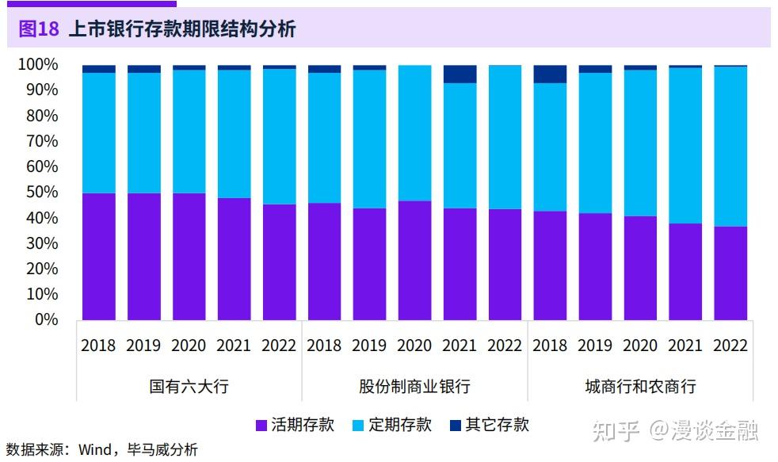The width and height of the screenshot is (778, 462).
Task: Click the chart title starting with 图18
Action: point(157,29)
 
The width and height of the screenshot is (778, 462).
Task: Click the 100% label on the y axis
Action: point(38,64)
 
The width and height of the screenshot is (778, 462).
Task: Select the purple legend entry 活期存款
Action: point(295,425)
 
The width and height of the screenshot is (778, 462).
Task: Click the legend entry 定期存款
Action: point(391,425)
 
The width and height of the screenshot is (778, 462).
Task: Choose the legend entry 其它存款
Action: point(489,425)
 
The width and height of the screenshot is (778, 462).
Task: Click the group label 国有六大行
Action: point(189,387)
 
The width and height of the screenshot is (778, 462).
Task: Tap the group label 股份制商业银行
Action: point(414,387)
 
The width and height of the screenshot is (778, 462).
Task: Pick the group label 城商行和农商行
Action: point(640,387)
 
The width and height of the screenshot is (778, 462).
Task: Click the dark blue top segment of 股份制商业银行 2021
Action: point(460,74)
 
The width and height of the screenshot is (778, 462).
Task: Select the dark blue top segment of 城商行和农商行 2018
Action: point(550,74)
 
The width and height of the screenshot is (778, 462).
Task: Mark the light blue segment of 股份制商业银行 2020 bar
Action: point(414,132)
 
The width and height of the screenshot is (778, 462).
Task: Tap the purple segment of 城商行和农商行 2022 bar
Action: point(730,273)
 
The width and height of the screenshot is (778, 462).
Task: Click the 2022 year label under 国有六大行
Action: point(279,346)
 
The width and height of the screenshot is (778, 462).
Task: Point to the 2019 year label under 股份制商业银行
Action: point(369,346)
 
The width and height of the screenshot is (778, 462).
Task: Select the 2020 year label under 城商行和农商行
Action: point(640,346)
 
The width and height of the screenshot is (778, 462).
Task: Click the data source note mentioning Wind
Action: point(101,450)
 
